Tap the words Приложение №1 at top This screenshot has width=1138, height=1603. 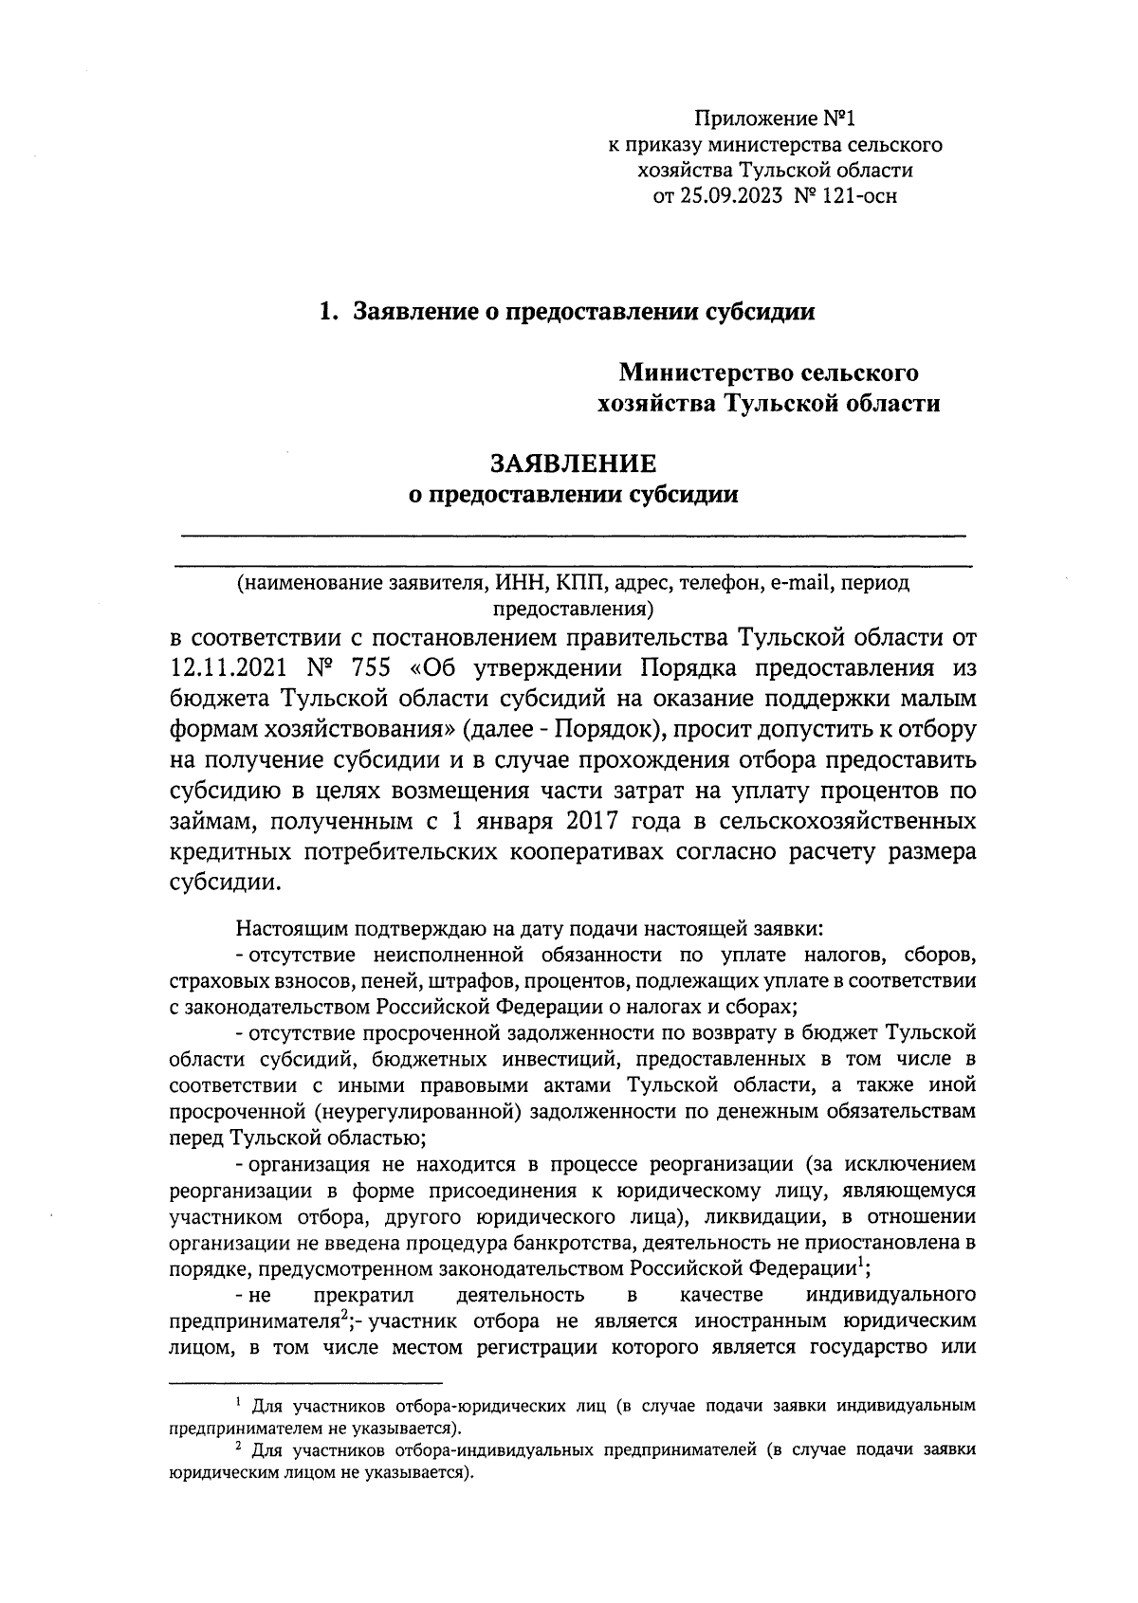coord(775,120)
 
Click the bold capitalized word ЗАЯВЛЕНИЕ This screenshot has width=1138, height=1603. coord(572,464)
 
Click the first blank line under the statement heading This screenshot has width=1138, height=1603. coord(572,537)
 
